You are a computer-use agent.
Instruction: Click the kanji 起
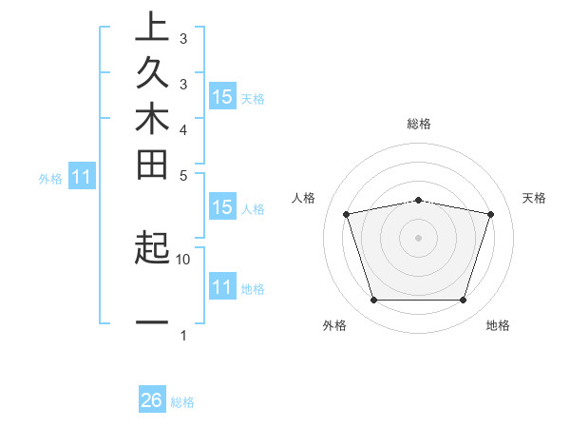point(152,248)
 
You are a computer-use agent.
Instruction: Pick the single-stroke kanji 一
point(152,323)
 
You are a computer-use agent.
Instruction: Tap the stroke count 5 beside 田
point(183,175)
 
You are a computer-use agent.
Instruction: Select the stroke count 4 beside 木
point(183,128)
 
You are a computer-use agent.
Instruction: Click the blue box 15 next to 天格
point(222,96)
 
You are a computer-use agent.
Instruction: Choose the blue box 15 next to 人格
point(222,208)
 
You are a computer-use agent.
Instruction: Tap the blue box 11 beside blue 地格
point(222,287)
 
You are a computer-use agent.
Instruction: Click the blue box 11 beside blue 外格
point(83,176)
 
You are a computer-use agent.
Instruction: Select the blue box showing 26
point(152,400)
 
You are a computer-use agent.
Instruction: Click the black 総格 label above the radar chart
point(419,124)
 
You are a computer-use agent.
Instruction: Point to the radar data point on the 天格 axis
point(490,214)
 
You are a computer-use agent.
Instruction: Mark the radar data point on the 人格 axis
point(347,214)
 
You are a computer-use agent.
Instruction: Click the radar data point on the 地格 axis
point(463,301)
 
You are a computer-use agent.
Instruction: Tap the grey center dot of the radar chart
point(419,237)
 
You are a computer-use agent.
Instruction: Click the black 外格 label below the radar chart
point(334,325)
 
